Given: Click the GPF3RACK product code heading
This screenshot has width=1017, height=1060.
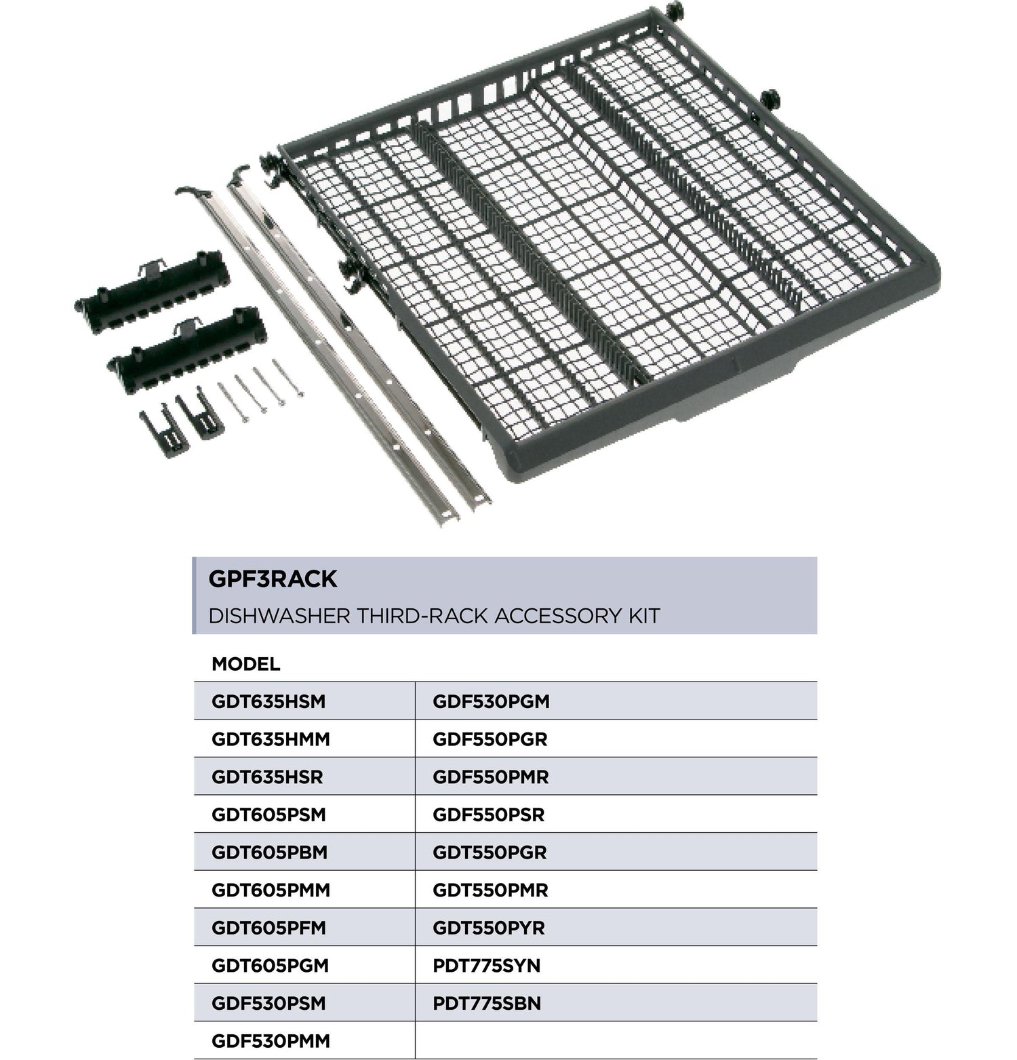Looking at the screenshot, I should (x=273, y=578).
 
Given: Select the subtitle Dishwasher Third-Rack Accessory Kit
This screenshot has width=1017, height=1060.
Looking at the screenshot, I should (x=434, y=616).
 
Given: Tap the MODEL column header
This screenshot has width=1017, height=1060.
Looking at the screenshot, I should (x=245, y=664).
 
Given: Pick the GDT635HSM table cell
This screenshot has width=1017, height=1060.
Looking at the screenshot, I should (x=268, y=701).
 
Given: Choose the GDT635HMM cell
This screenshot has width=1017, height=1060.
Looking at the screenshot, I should (x=271, y=739).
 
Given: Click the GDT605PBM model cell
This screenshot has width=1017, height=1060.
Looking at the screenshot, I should (x=269, y=852).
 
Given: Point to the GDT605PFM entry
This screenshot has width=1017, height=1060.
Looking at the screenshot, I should (x=268, y=928).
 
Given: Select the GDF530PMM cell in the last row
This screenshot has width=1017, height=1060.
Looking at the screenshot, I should (x=271, y=1040).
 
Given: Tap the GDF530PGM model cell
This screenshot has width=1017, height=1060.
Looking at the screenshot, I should (x=491, y=701).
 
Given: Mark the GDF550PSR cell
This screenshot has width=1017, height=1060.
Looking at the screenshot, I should (x=488, y=814).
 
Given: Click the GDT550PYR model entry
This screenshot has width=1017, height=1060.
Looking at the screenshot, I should (x=488, y=928).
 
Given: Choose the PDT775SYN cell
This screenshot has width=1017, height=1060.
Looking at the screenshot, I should (x=486, y=965).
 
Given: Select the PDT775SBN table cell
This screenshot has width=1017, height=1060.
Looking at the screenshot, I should (x=487, y=1003).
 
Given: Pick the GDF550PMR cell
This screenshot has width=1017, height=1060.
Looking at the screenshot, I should (x=490, y=777).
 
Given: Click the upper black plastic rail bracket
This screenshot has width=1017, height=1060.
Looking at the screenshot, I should (x=153, y=291).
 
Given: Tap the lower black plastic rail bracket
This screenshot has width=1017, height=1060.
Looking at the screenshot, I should (x=187, y=349).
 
